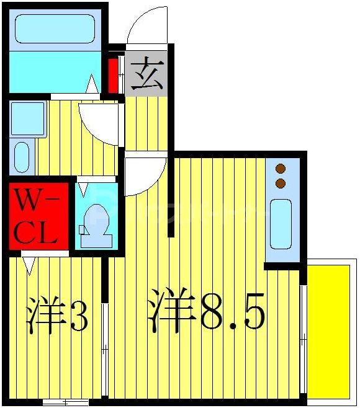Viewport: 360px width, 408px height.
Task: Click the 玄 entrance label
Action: point(146,74)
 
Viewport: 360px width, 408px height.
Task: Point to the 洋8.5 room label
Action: point(206,312)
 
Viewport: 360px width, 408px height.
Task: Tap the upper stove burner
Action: point(280,169)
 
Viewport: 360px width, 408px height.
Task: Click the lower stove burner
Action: point(280,183)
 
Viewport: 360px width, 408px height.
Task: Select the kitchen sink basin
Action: point(281,223)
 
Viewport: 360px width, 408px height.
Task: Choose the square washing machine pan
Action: point(28,118)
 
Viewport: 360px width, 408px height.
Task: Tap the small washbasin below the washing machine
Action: point(21,157)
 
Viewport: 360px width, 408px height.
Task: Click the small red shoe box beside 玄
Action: point(114,75)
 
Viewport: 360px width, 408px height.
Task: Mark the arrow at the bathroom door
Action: point(91,84)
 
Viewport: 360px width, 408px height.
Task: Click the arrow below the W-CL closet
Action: point(28,265)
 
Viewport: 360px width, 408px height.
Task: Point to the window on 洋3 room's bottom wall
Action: point(65,402)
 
